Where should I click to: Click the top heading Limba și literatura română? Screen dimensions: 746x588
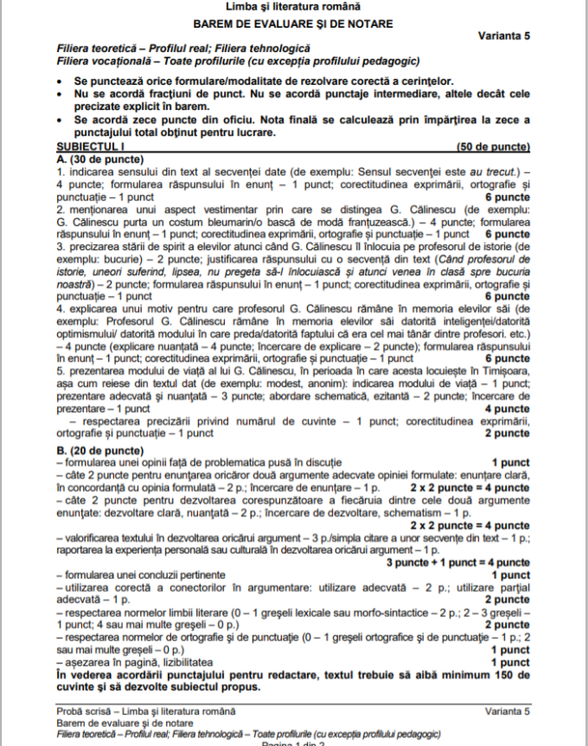point(293,7)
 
